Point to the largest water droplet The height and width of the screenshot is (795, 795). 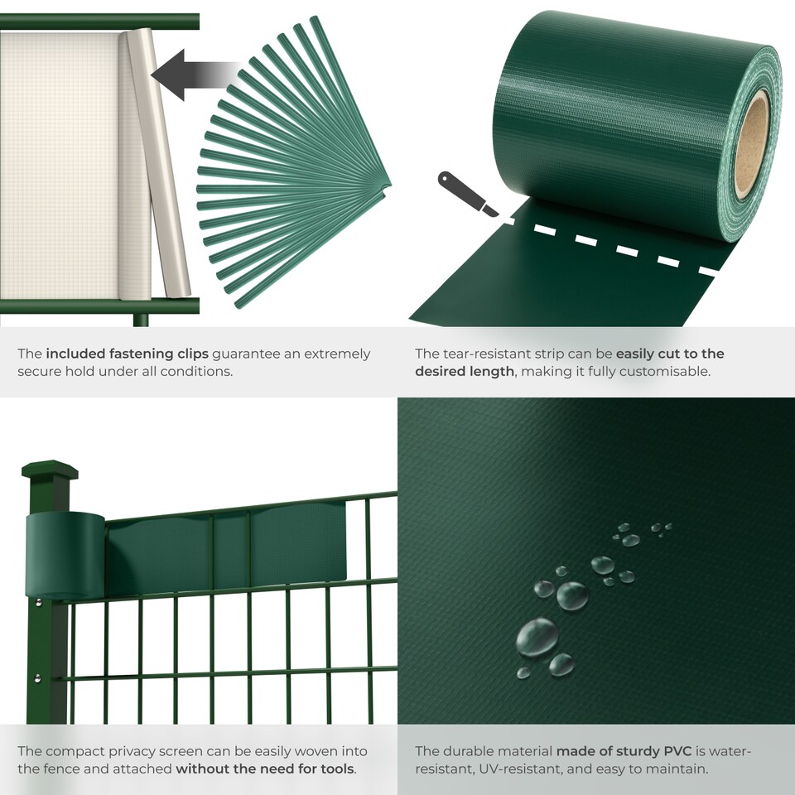[537, 638]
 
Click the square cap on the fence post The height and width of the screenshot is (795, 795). [50, 471]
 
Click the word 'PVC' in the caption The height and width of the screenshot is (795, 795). [677, 751]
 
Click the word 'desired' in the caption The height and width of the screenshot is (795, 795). [440, 372]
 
